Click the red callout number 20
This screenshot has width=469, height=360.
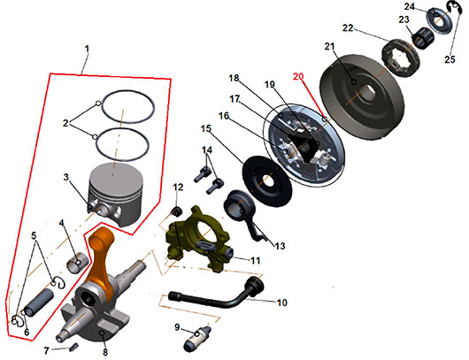(x=298, y=77)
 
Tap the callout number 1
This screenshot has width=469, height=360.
(x=87, y=49)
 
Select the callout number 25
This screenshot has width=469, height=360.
(x=450, y=59)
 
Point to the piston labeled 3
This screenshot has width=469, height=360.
(x=115, y=195)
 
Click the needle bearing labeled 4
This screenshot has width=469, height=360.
(x=76, y=263)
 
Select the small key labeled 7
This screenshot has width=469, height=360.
(x=74, y=347)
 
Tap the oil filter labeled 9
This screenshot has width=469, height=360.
(x=197, y=339)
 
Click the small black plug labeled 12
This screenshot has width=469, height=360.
(x=177, y=211)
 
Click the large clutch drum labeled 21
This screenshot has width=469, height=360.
(x=362, y=96)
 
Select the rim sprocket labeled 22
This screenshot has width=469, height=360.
(x=402, y=60)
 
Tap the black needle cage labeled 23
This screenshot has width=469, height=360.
(x=422, y=37)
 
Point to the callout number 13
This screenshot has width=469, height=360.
(x=280, y=246)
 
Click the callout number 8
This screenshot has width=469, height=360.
(x=105, y=352)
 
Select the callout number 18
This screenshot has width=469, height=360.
(x=234, y=78)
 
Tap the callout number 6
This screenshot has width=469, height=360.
(x=27, y=333)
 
